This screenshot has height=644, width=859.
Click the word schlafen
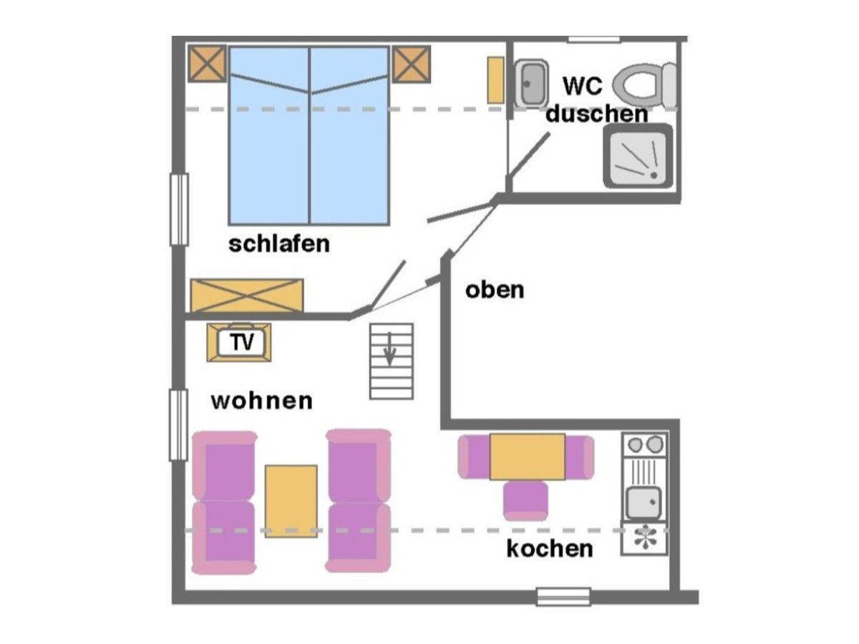tap(279, 243)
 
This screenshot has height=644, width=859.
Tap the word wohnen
tap(261, 401)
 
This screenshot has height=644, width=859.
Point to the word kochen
tap(550, 549)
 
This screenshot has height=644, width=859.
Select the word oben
tap(495, 290)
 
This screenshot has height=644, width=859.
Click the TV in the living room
tap(239, 343)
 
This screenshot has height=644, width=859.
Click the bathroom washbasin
tap(530, 84)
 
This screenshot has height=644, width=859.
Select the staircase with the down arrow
tap(391, 361)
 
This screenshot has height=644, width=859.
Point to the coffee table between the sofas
tap(291, 500)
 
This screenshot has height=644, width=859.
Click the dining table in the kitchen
tap(527, 457)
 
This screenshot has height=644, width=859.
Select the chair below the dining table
tap(525, 500)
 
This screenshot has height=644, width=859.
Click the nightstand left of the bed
tap(208, 63)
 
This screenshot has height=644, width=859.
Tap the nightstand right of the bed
tap(411, 63)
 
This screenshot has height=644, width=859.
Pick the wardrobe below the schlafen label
tap(246, 296)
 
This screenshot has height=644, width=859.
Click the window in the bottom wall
tap(563, 596)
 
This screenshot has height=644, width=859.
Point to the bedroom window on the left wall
tap(179, 210)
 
